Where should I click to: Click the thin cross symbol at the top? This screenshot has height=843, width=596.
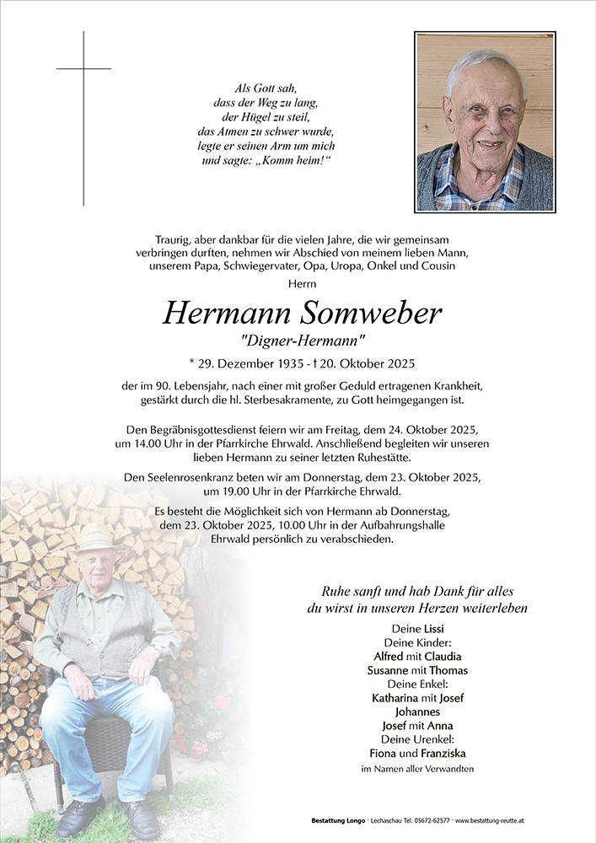pyautogui.click(x=83, y=69)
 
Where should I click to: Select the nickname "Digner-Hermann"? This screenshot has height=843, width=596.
pyautogui.click(x=303, y=341)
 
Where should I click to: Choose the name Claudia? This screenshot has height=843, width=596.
pyautogui.click(x=443, y=656)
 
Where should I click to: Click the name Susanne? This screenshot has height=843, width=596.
pyautogui.click(x=389, y=670)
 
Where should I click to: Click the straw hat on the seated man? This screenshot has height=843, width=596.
pyautogui.click(x=94, y=538)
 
